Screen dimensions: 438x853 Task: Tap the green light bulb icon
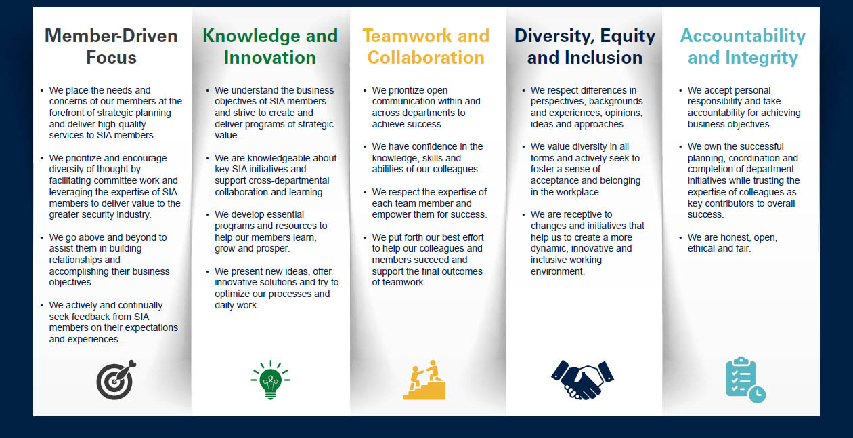click(269, 380)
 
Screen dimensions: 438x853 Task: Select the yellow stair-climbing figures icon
click(425, 381)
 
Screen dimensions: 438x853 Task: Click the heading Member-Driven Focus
click(111, 46)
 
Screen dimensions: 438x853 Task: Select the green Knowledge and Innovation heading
click(269, 46)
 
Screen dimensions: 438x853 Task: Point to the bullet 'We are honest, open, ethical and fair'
click(732, 243)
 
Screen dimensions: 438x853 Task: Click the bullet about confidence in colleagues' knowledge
click(428, 158)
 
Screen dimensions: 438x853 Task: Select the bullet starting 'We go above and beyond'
click(108, 260)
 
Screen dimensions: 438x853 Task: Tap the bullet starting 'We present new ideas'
click(276, 288)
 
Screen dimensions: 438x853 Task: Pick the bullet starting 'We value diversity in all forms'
click(585, 169)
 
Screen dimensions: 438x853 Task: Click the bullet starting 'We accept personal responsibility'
click(743, 107)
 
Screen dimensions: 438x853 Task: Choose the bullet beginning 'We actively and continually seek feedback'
click(112, 322)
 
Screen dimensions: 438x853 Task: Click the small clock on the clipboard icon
click(757, 394)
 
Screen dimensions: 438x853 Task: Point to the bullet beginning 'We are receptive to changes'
click(586, 243)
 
